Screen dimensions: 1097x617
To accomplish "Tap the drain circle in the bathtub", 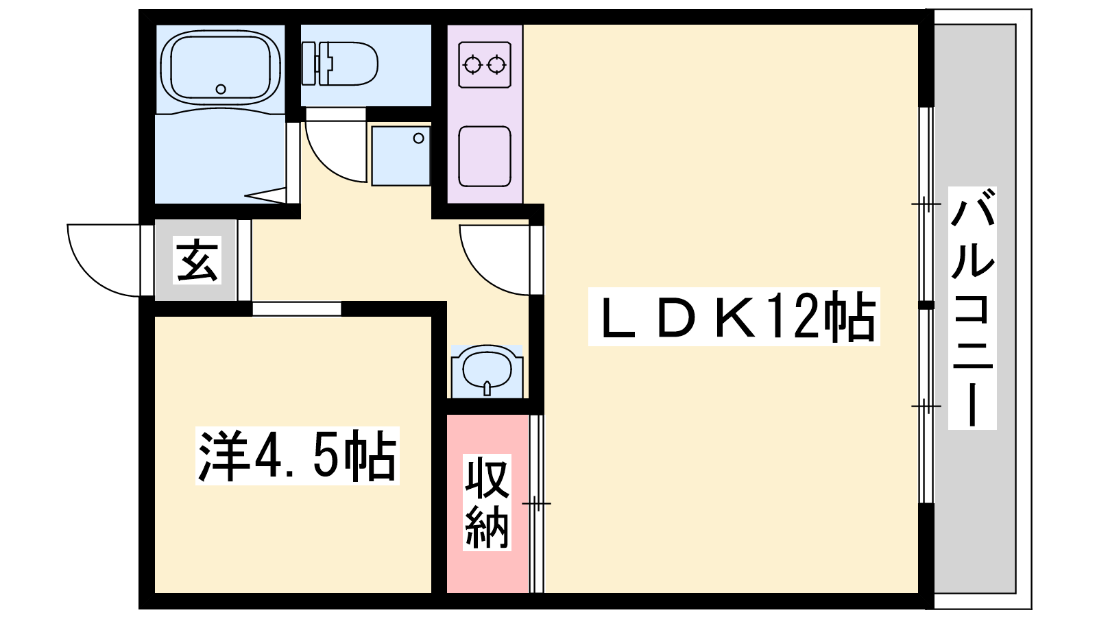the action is click(x=221, y=89).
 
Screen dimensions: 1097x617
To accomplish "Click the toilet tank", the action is click(x=309, y=64).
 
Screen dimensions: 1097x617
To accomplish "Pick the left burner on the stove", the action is click(x=472, y=64).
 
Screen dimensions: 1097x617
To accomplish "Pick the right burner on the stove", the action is click(x=497, y=64).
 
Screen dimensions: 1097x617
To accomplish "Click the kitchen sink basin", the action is click(x=485, y=156).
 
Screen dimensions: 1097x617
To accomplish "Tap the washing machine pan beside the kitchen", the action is click(x=400, y=156).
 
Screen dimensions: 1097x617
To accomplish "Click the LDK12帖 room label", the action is click(x=734, y=317).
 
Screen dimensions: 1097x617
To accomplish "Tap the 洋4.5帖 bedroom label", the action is click(x=298, y=455).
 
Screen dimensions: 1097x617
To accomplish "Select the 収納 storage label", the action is click(x=487, y=502).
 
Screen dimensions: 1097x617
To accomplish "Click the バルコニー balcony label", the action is click(x=972, y=308).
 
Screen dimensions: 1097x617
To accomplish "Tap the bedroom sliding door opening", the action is click(x=296, y=309).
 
